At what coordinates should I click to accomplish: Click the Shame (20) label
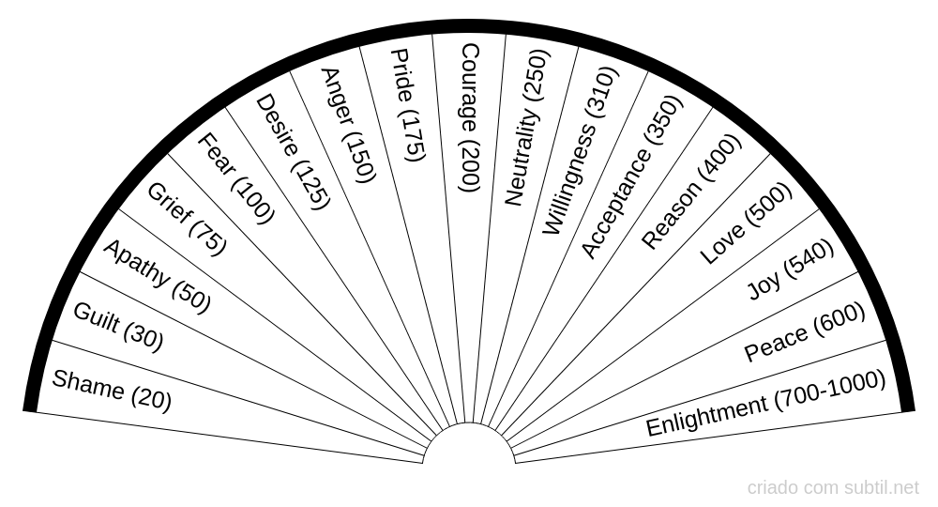[x=112, y=391]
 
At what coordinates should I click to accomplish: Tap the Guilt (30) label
[x=117, y=327]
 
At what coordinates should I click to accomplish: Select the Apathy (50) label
[x=156, y=275]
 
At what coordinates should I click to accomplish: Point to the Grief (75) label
[x=187, y=218]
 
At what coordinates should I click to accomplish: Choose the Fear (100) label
[x=234, y=178]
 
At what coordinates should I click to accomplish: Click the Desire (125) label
[x=293, y=150]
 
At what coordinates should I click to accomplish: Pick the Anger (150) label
[x=347, y=125]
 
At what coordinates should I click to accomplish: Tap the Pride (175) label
[x=408, y=105]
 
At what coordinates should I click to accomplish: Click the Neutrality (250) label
[x=526, y=127]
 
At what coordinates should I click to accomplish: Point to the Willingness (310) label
[x=582, y=150]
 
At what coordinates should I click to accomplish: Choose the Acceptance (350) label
[x=631, y=177]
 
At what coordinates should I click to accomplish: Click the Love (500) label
[x=747, y=223]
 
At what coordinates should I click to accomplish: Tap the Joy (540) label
[x=791, y=277]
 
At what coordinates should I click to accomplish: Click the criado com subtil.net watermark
[x=833, y=487]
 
